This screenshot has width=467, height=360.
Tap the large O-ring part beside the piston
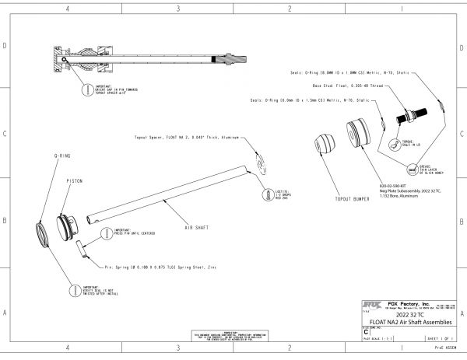point(44,234)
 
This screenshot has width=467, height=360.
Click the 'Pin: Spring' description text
point(156,266)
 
